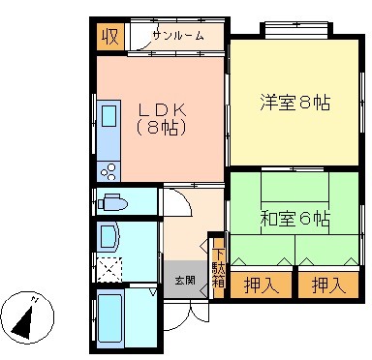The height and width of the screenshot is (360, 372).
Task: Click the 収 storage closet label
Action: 110,37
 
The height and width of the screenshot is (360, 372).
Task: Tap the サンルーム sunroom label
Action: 178,36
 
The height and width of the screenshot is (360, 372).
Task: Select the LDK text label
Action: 163,110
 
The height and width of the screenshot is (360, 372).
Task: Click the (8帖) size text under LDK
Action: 162,128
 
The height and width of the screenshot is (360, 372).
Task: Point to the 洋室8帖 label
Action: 294,103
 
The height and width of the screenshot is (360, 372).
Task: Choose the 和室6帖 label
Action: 294,219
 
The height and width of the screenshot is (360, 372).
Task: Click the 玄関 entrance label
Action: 185,280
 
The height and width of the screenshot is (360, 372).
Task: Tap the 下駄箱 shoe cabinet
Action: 219,268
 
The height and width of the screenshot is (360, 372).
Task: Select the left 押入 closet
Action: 262,285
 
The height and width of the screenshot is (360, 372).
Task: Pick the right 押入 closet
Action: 329,285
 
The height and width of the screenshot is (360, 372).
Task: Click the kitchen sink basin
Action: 108,116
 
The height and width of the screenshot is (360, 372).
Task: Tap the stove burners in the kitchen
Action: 108,172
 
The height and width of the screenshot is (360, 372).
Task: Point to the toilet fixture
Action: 112,202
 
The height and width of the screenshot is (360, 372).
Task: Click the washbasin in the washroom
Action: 109,238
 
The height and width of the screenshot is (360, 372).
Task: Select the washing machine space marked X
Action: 109,270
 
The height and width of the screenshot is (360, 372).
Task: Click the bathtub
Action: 110,321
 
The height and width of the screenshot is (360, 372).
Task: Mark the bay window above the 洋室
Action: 296,28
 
